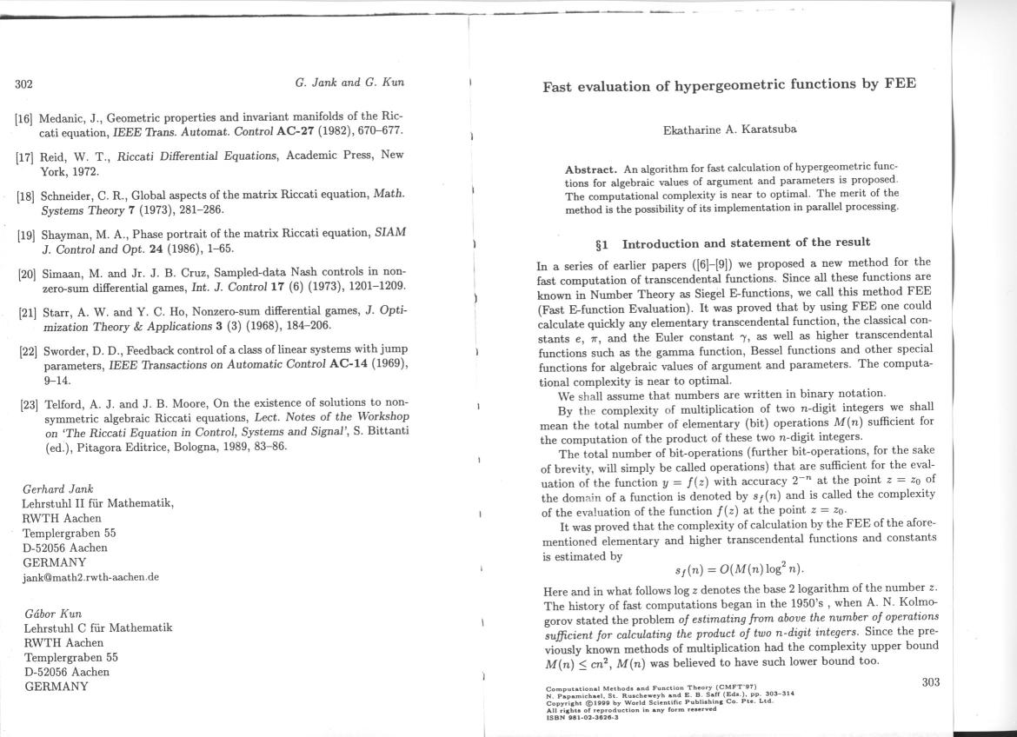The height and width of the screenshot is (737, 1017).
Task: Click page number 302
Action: pos(23,84)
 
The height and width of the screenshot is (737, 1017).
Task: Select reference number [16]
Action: pos(25,117)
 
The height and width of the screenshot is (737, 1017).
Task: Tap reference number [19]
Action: pos(27,235)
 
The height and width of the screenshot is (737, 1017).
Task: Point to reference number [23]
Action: pos(30,404)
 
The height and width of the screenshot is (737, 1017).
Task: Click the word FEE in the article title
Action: pos(901,84)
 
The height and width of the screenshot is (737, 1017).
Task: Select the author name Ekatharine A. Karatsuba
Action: pos(729,129)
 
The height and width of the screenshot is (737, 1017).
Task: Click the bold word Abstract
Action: pos(591,169)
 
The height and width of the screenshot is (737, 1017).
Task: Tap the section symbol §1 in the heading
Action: pos(601,242)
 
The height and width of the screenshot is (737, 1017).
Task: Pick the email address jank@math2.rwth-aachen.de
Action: pos(91,577)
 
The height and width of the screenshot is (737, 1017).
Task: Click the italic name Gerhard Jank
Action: pos(57,488)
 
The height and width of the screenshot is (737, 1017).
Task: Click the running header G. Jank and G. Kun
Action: pos(349,83)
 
